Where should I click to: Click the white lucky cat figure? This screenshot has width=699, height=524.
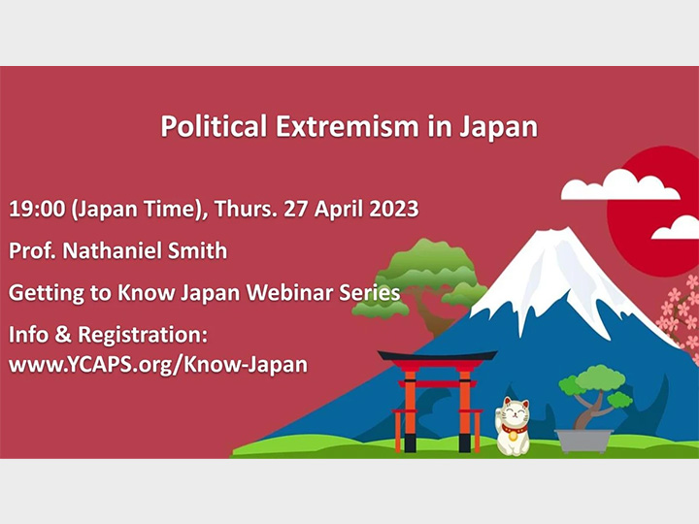(513, 426)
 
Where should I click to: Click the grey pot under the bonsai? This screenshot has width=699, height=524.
(584, 440)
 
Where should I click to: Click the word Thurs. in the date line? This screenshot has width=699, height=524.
(235, 210)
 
